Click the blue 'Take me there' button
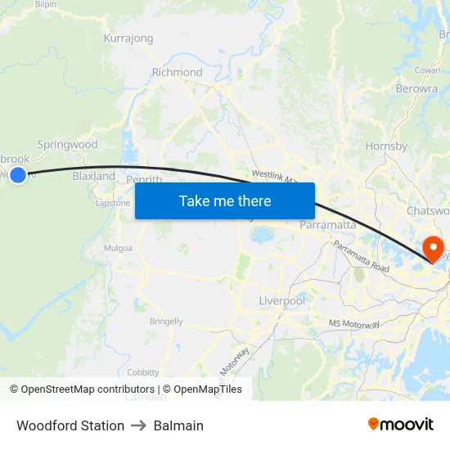pos(225,200)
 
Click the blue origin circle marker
pos(18,174)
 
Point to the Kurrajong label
pos(128,38)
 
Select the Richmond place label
pos(177,72)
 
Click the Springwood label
pos(67,145)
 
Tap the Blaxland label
pos(93,176)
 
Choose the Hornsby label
pos(386,146)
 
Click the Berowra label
pos(416,88)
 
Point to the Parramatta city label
pos(327,224)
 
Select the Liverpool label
pos(281,301)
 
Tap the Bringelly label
pos(166,322)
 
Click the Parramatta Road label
pos(361,256)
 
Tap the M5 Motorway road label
pos(354,325)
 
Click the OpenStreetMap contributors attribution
pos(82,389)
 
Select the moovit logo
pos(401,424)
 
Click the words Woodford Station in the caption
pos(70,425)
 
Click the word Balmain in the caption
pos(178,425)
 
